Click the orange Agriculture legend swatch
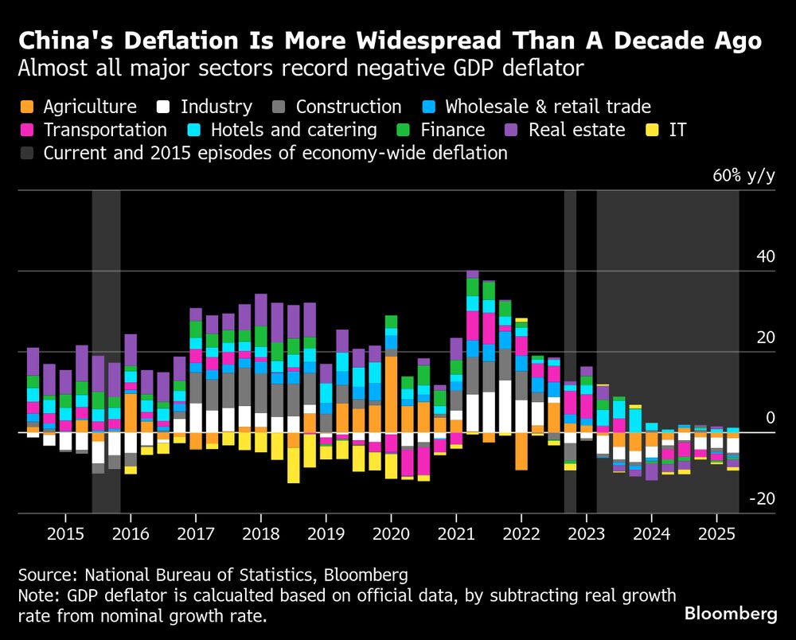pos(28,107)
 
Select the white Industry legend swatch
pos(165,107)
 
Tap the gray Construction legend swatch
pos(280,107)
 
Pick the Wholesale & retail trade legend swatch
pos(430,107)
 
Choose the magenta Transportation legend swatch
pos(28,130)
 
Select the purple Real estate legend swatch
pos(513,130)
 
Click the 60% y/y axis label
pos(743,176)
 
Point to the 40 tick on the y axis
pos(764,256)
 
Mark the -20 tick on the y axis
pos(762,499)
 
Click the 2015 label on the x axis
pos(65,533)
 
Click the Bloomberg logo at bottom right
pos(731,614)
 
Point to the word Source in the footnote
pos(44,575)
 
